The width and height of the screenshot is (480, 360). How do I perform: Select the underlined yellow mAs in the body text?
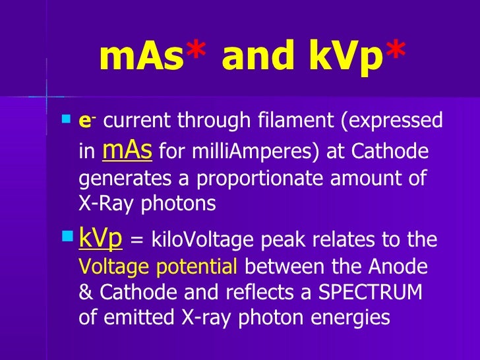pyautogui.click(x=128, y=150)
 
